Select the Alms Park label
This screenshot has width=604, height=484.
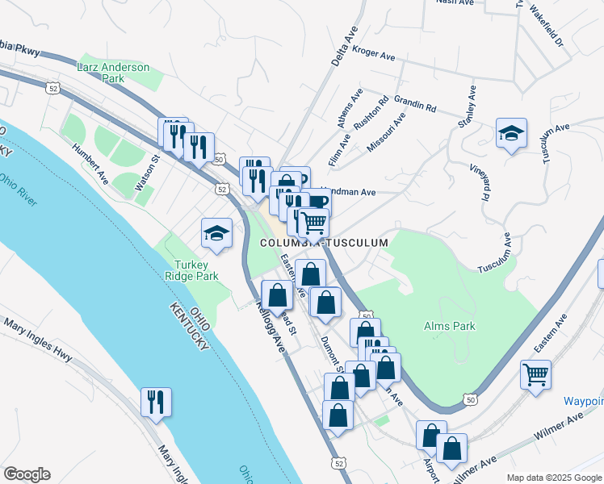tap(450, 326)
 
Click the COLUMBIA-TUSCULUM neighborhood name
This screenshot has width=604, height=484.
tap(324, 242)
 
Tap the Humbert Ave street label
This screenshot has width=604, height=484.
tap(90, 161)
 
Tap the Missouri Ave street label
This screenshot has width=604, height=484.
tap(389, 131)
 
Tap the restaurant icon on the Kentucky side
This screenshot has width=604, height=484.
tap(156, 401)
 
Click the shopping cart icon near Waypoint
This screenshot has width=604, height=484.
tap(535, 376)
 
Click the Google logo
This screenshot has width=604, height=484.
tap(27, 474)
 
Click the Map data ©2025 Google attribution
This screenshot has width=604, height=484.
tap(553, 478)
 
